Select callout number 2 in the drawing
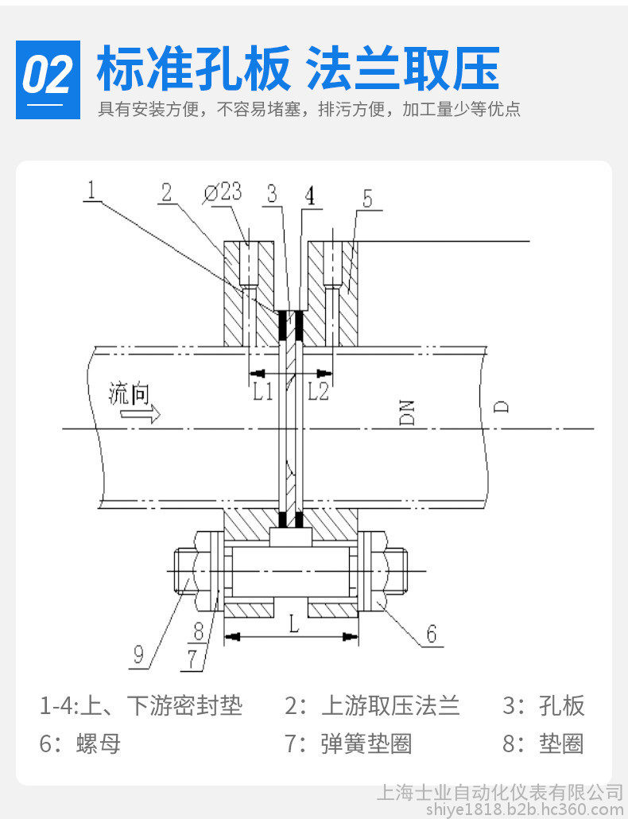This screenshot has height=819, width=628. [x=165, y=192]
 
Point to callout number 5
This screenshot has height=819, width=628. [x=366, y=198]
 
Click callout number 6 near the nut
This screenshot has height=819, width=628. [x=431, y=634]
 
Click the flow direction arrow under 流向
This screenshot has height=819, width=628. [x=146, y=414]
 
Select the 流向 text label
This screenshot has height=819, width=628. [x=128, y=394]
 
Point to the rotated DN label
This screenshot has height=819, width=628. [x=408, y=412]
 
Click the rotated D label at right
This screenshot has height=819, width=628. [x=501, y=407]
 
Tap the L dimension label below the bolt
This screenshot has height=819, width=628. [x=293, y=625]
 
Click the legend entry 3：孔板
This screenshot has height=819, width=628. [x=543, y=705]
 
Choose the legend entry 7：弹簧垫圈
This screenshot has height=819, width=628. [x=348, y=743]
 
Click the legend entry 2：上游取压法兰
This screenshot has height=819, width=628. [x=372, y=705]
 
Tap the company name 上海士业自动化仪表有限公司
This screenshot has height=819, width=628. [x=498, y=792]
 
